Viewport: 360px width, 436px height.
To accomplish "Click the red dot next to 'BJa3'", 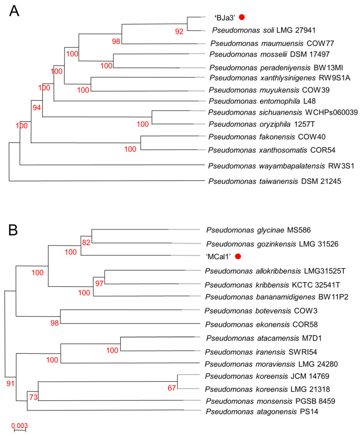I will click(242, 17).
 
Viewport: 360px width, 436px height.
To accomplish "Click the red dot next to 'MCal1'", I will click(237, 256).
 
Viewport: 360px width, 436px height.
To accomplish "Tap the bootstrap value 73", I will click(32, 397).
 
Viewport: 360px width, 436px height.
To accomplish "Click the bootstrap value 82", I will click(86, 243).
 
